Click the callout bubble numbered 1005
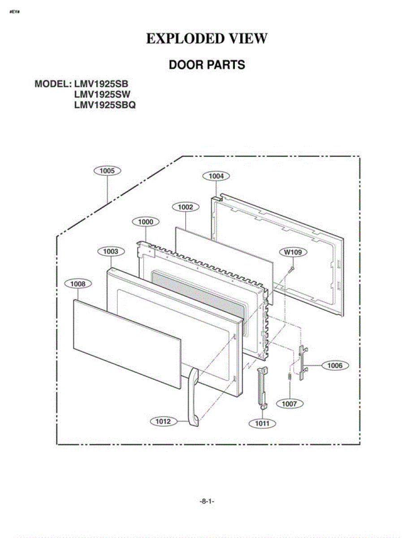[108, 171]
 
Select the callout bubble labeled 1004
[216, 176]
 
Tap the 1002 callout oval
[186, 207]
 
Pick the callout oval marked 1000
[146, 222]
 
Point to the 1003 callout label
[111, 252]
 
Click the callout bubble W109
[293, 252]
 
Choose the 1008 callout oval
[78, 284]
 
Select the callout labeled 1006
[335, 366]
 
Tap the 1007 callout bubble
[290, 404]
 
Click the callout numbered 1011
[262, 423]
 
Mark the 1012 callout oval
[164, 421]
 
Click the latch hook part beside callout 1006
[303, 363]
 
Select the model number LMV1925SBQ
[105, 105]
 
